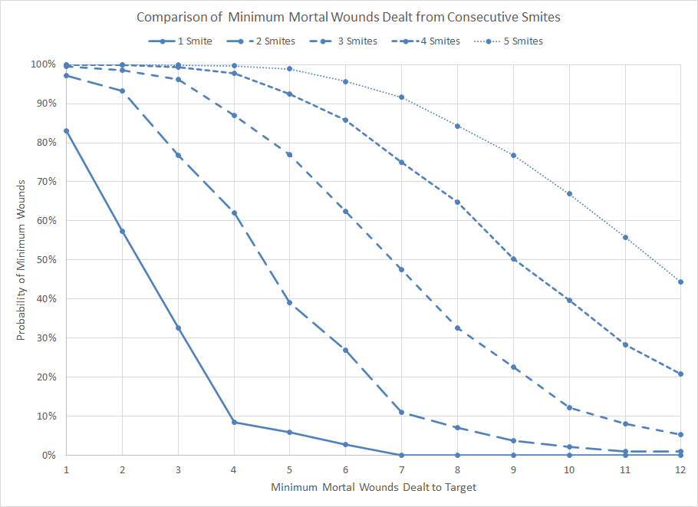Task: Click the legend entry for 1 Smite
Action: pos(181,41)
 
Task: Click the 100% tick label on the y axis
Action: pos(44,64)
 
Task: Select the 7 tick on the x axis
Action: pos(401,467)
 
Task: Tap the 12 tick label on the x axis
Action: pos(680,467)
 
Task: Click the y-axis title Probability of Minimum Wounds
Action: pos(22,259)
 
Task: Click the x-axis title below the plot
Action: pos(374,487)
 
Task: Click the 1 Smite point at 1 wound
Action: pos(67,131)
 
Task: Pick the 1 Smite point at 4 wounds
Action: pos(234,423)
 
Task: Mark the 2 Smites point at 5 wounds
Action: pos(290,302)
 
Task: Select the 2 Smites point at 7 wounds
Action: pos(401,413)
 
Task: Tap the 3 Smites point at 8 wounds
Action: pos(457,328)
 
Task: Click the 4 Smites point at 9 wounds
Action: pos(513,259)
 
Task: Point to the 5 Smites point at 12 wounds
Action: pos(680,281)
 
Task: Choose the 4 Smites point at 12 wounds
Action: pos(680,374)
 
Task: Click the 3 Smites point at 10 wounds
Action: pos(569,408)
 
